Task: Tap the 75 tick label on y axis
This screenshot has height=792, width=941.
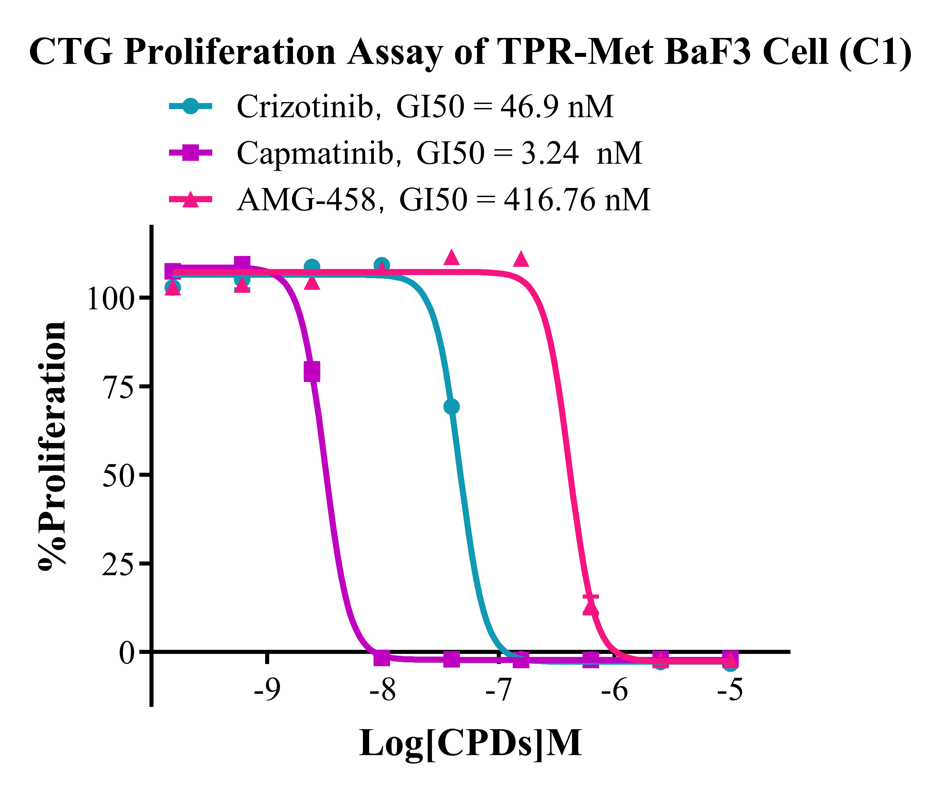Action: pyautogui.click(x=118, y=387)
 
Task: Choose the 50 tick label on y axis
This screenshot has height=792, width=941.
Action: pyautogui.click(x=118, y=475)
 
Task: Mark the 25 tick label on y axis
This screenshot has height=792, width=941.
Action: pyautogui.click(x=118, y=564)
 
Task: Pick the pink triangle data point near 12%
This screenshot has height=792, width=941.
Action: pyautogui.click(x=591, y=608)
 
